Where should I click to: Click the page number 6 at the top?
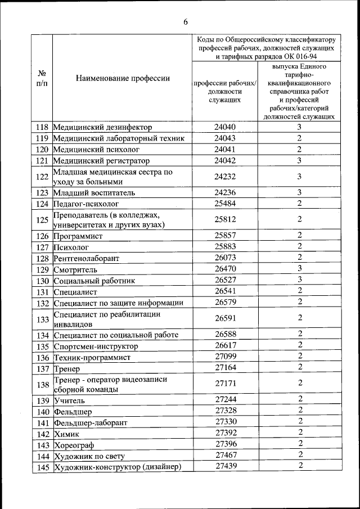(x=185, y=22)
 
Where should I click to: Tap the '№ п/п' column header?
(x=42, y=78)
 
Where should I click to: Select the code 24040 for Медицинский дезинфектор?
(x=224, y=127)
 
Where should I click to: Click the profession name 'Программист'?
(x=78, y=236)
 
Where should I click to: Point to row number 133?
(x=42, y=319)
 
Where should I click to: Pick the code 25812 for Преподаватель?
(x=224, y=219)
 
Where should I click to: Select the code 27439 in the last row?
(x=224, y=466)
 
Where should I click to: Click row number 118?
(x=42, y=127)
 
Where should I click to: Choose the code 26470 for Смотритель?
(x=224, y=269)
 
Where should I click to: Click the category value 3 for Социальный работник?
(x=300, y=280)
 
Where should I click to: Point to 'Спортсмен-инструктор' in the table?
(x=96, y=346)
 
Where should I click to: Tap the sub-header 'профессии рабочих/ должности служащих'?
(x=224, y=91)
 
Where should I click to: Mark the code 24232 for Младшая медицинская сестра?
(x=224, y=177)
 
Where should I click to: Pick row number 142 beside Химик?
(x=42, y=434)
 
